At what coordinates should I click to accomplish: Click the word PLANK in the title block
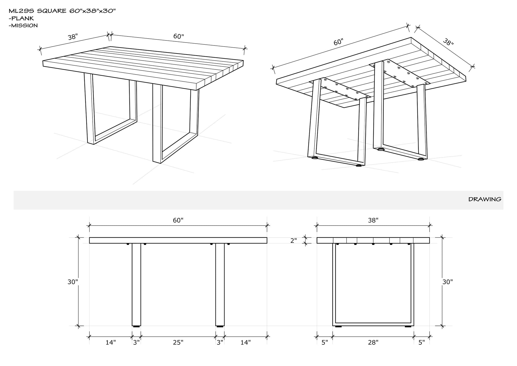(x=23, y=18)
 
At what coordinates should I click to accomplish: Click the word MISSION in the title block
(x=25, y=26)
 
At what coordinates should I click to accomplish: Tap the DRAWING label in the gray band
(x=485, y=199)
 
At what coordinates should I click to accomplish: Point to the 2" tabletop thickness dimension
(x=293, y=241)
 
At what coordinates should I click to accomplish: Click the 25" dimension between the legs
(x=178, y=342)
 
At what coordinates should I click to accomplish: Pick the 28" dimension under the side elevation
(x=373, y=342)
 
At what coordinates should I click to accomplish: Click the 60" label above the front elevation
(x=178, y=220)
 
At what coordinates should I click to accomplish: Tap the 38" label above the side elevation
(x=373, y=220)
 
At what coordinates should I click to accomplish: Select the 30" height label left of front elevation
(x=72, y=282)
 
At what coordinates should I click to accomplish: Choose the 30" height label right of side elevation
(x=447, y=282)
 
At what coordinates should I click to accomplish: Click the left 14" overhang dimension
(x=111, y=342)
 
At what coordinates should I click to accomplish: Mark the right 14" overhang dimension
(x=245, y=342)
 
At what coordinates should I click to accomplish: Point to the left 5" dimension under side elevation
(x=325, y=342)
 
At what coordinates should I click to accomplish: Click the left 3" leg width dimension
(x=136, y=342)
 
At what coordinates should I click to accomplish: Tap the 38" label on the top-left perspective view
(x=72, y=37)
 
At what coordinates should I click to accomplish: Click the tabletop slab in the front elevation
(x=178, y=240)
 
